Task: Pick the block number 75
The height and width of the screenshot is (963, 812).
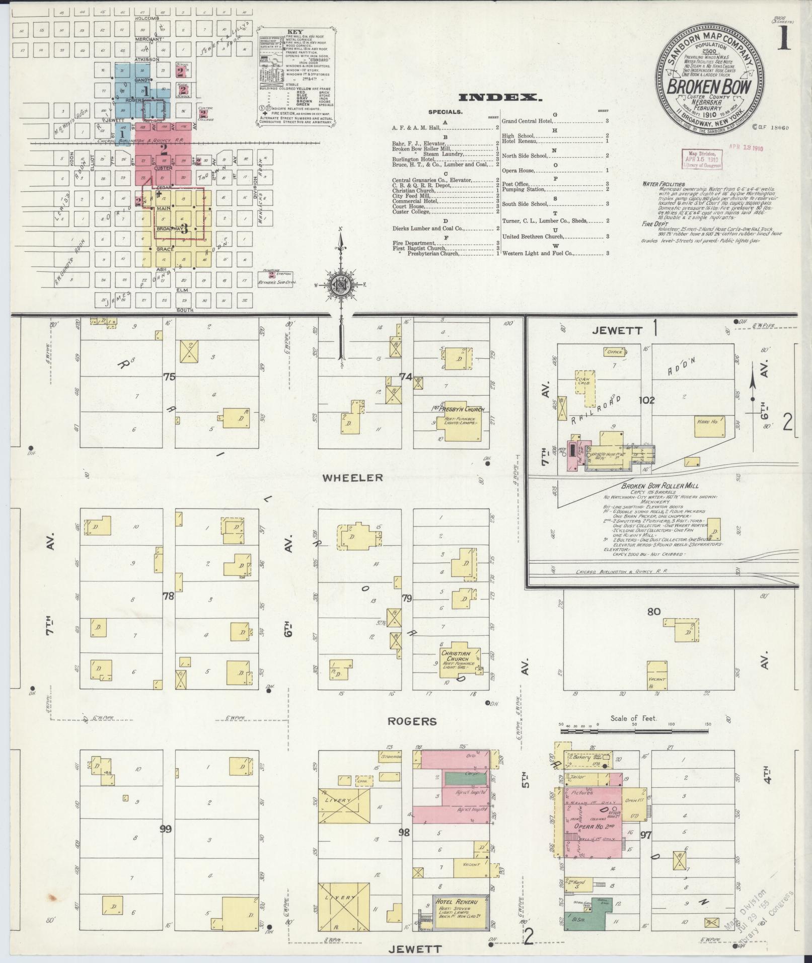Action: point(169,376)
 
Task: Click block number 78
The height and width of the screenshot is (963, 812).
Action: point(168,596)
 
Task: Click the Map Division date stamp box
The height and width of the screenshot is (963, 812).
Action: point(700,159)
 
